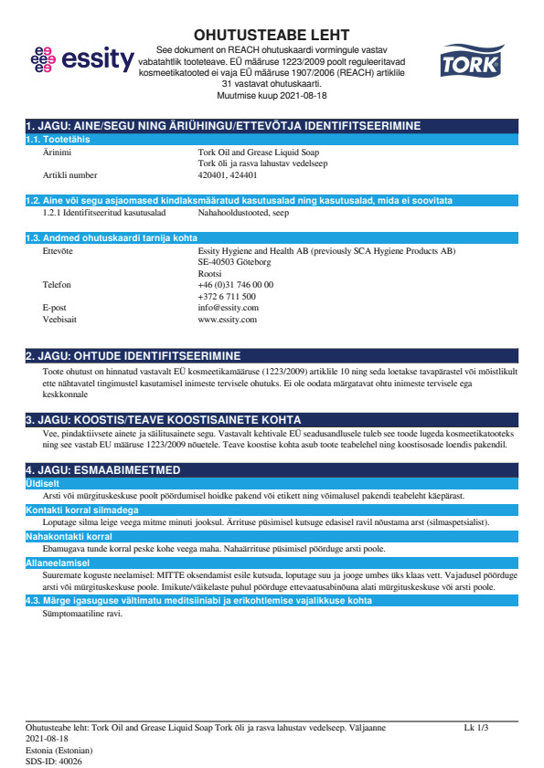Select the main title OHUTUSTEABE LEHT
(272, 35)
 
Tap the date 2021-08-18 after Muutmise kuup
(297, 95)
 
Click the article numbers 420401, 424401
(228, 174)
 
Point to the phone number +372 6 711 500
(227, 296)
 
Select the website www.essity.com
(227, 320)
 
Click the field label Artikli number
(69, 174)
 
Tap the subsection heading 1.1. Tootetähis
(57, 139)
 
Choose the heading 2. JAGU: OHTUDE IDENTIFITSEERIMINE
(133, 355)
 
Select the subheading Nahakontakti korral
(69, 537)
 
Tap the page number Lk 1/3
(476, 728)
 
